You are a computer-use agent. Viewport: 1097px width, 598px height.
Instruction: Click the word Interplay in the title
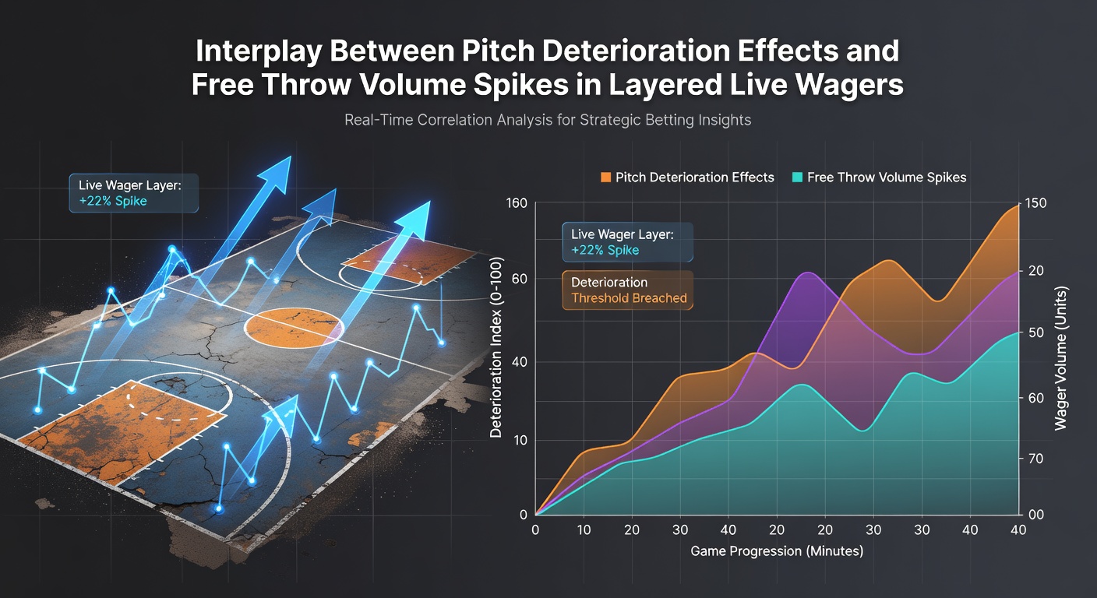click(259, 51)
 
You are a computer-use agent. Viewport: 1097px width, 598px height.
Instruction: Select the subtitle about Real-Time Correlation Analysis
click(548, 120)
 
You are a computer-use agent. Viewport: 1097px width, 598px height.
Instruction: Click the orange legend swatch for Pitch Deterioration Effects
click(606, 178)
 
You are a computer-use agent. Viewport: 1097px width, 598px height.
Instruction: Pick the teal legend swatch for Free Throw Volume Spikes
click(797, 178)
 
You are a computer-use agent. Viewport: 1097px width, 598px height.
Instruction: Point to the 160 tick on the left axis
click(517, 203)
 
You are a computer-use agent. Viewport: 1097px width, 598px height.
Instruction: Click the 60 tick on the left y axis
click(519, 279)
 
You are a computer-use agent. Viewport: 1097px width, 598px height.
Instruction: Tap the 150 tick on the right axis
click(1035, 203)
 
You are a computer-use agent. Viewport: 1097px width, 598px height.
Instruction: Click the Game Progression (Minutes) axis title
click(777, 551)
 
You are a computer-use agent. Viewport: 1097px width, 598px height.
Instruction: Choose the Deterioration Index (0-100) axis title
click(496, 347)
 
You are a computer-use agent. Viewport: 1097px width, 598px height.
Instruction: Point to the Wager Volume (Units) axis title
click(1060, 359)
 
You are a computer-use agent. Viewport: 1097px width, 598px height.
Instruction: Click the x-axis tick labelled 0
click(535, 530)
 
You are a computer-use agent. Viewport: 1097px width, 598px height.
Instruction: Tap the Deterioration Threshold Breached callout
click(628, 290)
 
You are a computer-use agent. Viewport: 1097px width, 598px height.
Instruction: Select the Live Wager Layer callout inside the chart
click(628, 242)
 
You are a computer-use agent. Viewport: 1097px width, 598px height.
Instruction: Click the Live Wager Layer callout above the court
click(134, 193)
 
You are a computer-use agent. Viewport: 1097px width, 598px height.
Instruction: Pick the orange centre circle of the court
click(294, 327)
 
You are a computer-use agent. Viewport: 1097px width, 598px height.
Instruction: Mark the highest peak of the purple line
click(807, 273)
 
